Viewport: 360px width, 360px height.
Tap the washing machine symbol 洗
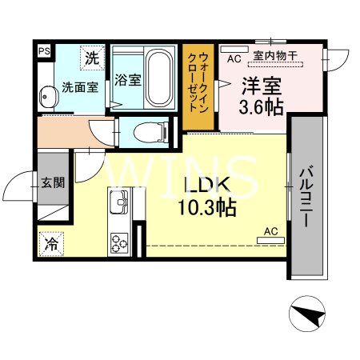click(x=93, y=58)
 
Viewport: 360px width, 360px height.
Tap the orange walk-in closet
click(x=199, y=86)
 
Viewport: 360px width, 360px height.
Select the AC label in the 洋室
click(x=234, y=58)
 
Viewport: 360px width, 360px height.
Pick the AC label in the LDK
click(x=270, y=231)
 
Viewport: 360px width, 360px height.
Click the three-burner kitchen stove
click(x=121, y=241)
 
